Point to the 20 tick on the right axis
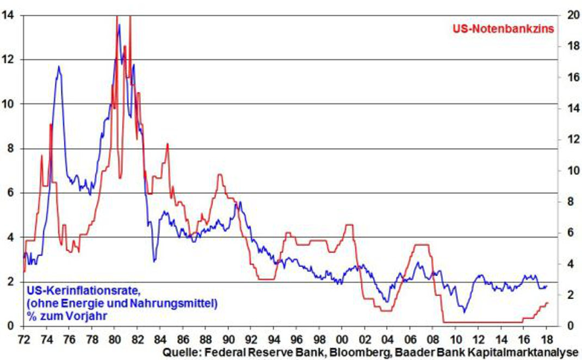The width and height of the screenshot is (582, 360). pyautogui.click(x=569, y=15)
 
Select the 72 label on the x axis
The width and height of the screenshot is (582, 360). pyautogui.click(x=23, y=338)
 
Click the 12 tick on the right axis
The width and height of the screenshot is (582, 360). pyautogui.click(x=569, y=140)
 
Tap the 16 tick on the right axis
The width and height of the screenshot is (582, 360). pyautogui.click(x=569, y=77)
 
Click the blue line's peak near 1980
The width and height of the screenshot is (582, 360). pyautogui.click(x=119, y=24)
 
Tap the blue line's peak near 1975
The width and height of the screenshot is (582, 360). pyautogui.click(x=58, y=66)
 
